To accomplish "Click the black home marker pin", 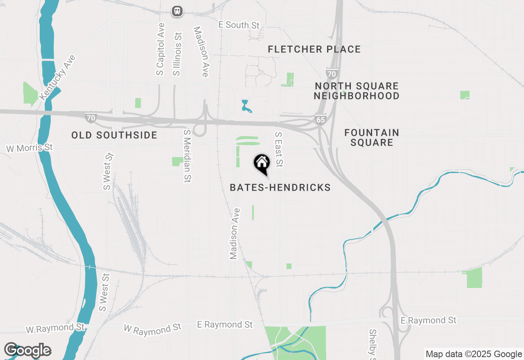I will tap(262, 164).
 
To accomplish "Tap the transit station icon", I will tap(177, 11).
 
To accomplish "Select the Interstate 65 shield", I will tap(320, 119).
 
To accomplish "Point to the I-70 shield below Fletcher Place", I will tap(331, 74).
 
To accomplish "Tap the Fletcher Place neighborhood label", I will tap(314, 49).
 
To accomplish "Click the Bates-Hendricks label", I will tap(280, 188).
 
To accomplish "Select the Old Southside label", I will tap(114, 135).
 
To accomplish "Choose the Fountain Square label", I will tap(371, 137).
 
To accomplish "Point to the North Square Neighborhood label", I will tap(357, 91).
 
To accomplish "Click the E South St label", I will tap(239, 25).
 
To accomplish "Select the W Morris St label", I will tap(30, 148).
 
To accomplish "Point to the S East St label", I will tap(279, 149).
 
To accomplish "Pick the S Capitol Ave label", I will tap(160, 49).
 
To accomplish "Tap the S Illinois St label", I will tap(177, 54).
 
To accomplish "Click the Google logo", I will tap(27, 351).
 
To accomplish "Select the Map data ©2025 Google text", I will tap(474, 354).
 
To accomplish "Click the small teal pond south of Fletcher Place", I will tap(246, 106).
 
